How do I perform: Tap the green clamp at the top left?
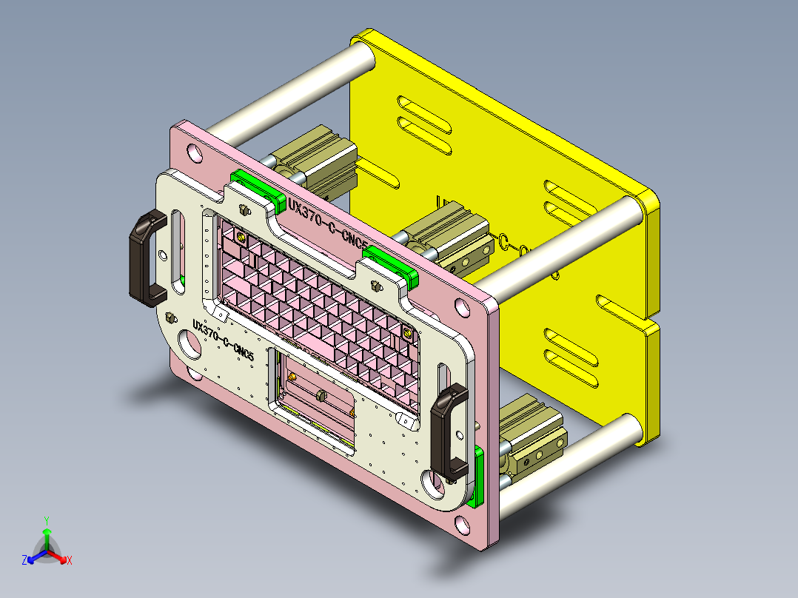(x=255, y=187)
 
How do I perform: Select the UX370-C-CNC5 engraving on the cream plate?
(x=223, y=341)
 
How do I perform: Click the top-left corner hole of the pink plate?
(x=194, y=154)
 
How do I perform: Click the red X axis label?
(x=70, y=561)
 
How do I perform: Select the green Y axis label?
(x=46, y=520)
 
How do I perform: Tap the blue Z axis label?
(x=24, y=561)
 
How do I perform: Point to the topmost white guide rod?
(x=296, y=87)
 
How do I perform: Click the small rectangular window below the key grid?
(x=315, y=400)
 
